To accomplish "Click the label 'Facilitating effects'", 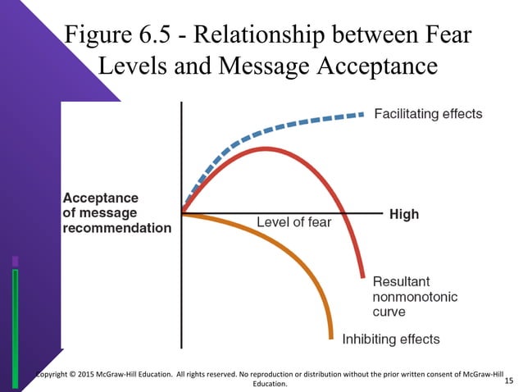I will [x=428, y=113].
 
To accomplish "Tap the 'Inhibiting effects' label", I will [x=390, y=339].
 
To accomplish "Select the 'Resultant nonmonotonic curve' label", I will [x=415, y=296].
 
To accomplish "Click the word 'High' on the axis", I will [x=403, y=214].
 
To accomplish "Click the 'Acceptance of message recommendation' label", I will [x=117, y=212].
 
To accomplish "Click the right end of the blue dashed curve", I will [x=362, y=114].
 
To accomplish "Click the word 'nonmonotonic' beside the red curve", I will [x=415, y=296].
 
